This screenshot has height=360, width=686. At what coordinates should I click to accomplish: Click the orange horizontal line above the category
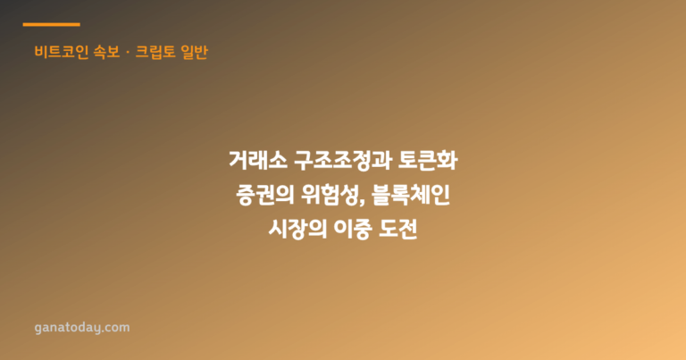tap(51, 24)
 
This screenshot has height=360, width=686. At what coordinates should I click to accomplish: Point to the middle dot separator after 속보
tap(128, 53)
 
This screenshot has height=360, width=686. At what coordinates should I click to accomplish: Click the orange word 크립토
tap(155, 52)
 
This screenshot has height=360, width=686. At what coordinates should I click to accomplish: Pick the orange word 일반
tap(194, 52)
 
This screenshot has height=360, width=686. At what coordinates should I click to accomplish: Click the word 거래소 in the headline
tap(258, 161)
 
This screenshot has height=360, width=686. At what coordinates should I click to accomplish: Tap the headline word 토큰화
tap(428, 161)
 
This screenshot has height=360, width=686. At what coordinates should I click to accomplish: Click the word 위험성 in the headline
tap(330, 195)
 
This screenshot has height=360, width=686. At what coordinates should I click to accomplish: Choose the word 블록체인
tap(411, 195)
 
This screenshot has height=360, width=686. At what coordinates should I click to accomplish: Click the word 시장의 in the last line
tap(297, 230)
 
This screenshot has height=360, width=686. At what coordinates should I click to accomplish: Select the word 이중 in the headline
tap(353, 230)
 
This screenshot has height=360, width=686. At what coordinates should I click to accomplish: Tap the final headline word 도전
tap(398, 230)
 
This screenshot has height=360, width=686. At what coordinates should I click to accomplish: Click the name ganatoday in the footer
tap(69, 328)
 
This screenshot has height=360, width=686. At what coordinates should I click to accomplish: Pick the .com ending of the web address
tap(117, 328)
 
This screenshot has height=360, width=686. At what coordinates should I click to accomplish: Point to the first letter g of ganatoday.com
tap(38, 330)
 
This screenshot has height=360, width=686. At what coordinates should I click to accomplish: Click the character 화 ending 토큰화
tap(448, 161)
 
